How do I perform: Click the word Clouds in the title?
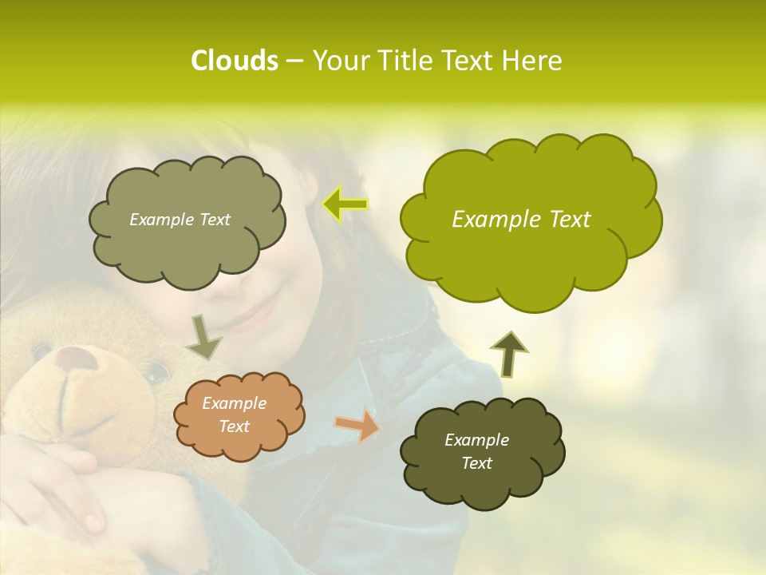234,61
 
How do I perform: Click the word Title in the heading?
405,61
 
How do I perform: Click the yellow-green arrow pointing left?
345,204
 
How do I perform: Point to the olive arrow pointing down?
204,338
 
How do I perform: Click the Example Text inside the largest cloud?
521,220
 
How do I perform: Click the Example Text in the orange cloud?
234,415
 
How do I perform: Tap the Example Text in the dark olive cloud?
476,451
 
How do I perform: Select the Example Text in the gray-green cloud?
180,220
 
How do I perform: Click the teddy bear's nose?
77,358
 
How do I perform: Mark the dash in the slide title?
294,61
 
